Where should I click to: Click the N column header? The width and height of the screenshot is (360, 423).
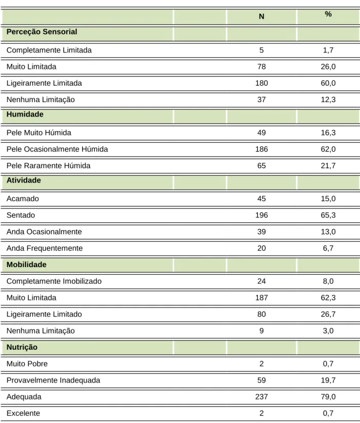[x=262, y=16]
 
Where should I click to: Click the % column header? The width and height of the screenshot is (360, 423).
[x=328, y=14]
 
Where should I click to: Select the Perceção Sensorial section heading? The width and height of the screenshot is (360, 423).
[x=42, y=32]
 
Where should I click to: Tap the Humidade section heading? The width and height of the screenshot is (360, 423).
[x=25, y=114]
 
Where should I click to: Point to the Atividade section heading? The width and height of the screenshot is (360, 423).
[x=24, y=180]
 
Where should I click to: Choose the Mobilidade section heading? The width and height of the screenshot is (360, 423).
[x=27, y=265]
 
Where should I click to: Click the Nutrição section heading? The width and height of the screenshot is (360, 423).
[x=22, y=347]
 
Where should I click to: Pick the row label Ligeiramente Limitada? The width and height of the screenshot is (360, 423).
[x=44, y=83]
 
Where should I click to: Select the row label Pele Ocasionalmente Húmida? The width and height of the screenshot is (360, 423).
[x=57, y=149]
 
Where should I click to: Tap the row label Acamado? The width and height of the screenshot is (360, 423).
[x=23, y=198]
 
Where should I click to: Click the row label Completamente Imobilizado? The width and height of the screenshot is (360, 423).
[x=54, y=281]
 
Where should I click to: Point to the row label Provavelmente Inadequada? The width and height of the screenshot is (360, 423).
[x=53, y=380]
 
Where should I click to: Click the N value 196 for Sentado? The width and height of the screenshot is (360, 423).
[x=262, y=215]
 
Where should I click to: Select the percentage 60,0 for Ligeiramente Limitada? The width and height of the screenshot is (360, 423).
[x=328, y=83]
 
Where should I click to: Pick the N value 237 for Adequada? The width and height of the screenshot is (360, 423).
[x=262, y=396]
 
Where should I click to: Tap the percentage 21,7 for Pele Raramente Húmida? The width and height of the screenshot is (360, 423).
[x=328, y=166]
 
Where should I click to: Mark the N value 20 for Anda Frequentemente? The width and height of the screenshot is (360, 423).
[x=262, y=248]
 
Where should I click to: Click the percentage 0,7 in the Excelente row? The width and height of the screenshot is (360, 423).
[x=328, y=413]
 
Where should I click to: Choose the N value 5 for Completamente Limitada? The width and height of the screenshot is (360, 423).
[x=262, y=50]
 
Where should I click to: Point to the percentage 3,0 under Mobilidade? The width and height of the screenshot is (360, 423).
[x=328, y=331]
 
